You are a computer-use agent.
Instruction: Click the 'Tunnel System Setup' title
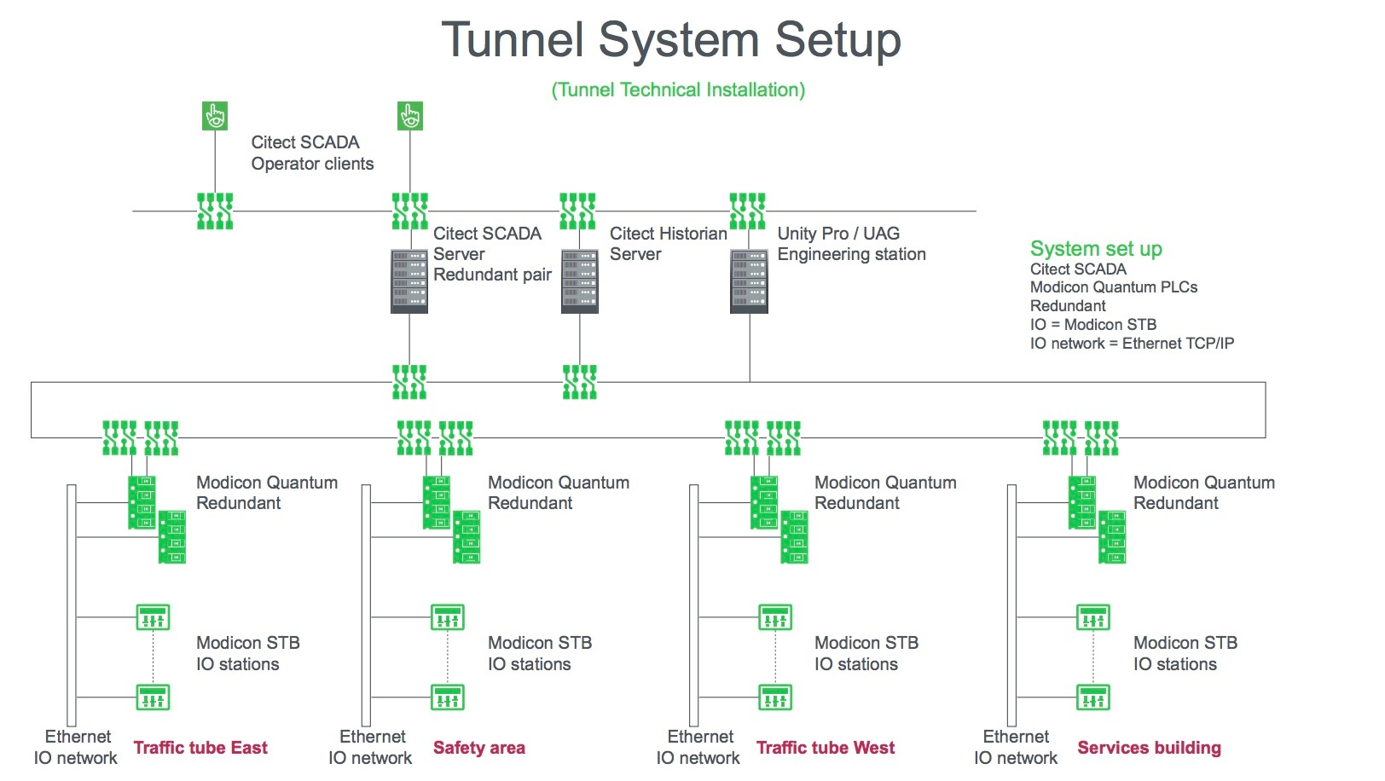pos(671,39)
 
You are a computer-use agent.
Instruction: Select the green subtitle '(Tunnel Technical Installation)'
pos(678,90)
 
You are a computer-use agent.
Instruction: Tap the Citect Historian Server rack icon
pos(579,281)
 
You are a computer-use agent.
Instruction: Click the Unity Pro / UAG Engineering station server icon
pos(749,281)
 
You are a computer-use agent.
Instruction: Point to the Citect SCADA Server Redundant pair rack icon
pos(409,281)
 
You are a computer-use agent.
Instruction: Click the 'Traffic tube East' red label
pos(200,748)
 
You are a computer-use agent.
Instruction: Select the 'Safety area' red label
pos(479,748)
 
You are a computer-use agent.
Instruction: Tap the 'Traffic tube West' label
pos(826,748)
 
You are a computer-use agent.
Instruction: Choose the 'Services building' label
pos(1150,748)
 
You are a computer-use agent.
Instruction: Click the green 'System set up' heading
pos(1096,249)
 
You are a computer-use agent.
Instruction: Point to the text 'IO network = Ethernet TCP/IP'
pos(1132,344)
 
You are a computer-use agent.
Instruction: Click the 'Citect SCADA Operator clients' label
pos(312,153)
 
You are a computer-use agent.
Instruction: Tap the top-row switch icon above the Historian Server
pos(577,211)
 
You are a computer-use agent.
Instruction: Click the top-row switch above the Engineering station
pos(748,211)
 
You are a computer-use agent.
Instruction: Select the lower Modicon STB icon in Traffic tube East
pos(153,697)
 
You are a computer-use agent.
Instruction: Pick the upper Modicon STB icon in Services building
pos(1093,617)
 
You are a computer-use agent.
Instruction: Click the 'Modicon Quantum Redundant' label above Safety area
pos(559,493)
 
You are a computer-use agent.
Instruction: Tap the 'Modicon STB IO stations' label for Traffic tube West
pos(866,653)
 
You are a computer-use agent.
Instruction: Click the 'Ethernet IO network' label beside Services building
pos(1016,747)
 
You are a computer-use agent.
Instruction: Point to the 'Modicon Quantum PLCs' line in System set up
pos(1114,287)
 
